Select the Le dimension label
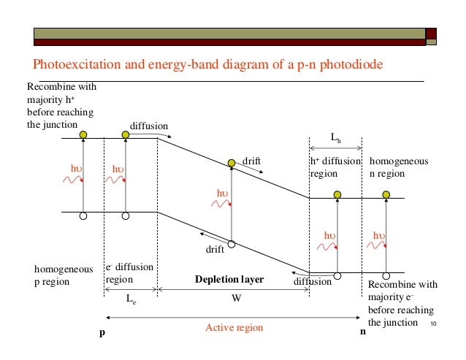pos(131,299)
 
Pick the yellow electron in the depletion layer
pos(232,162)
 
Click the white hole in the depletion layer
pos(232,245)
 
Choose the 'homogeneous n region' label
pos(400,167)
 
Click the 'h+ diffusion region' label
pos(335,167)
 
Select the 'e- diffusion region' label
pos(130,273)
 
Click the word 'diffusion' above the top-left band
pos(149,125)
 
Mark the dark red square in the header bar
pos(431,33)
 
